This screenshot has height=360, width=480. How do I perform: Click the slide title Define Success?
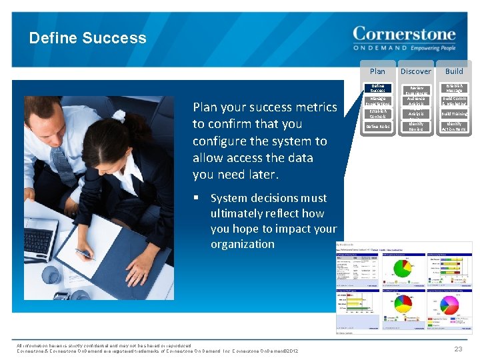87,38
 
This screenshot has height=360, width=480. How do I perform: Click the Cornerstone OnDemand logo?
403,39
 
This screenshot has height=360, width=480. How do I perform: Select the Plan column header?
377,71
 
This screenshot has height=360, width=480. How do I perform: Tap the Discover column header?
416,71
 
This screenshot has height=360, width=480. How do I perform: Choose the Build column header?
454,71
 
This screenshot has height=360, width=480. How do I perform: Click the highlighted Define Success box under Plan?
377,88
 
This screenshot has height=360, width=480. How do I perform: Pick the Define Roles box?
377,126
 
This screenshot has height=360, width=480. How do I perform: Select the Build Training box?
454,114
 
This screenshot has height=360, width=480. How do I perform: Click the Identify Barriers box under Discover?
416,126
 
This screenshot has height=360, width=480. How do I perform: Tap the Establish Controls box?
377,114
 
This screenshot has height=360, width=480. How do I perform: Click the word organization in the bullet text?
243,244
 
